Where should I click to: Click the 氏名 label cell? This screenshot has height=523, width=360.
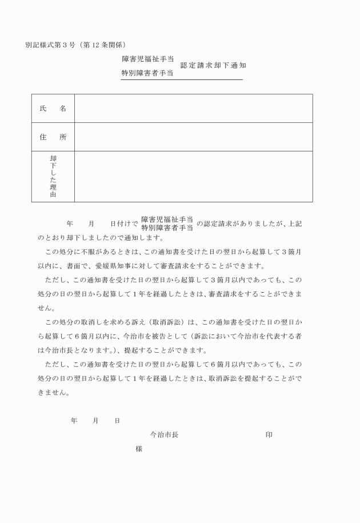coord(53,109)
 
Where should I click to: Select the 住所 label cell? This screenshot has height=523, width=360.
coord(53,137)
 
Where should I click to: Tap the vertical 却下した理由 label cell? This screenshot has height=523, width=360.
coord(53,176)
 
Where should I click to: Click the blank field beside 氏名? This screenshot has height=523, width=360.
coord(193,109)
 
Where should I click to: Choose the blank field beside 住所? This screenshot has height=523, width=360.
coord(193,137)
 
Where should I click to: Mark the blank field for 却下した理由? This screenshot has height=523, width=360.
coord(193,176)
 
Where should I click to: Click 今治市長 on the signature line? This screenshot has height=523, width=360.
coord(164,435)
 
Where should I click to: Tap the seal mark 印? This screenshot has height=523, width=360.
coord(269,435)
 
